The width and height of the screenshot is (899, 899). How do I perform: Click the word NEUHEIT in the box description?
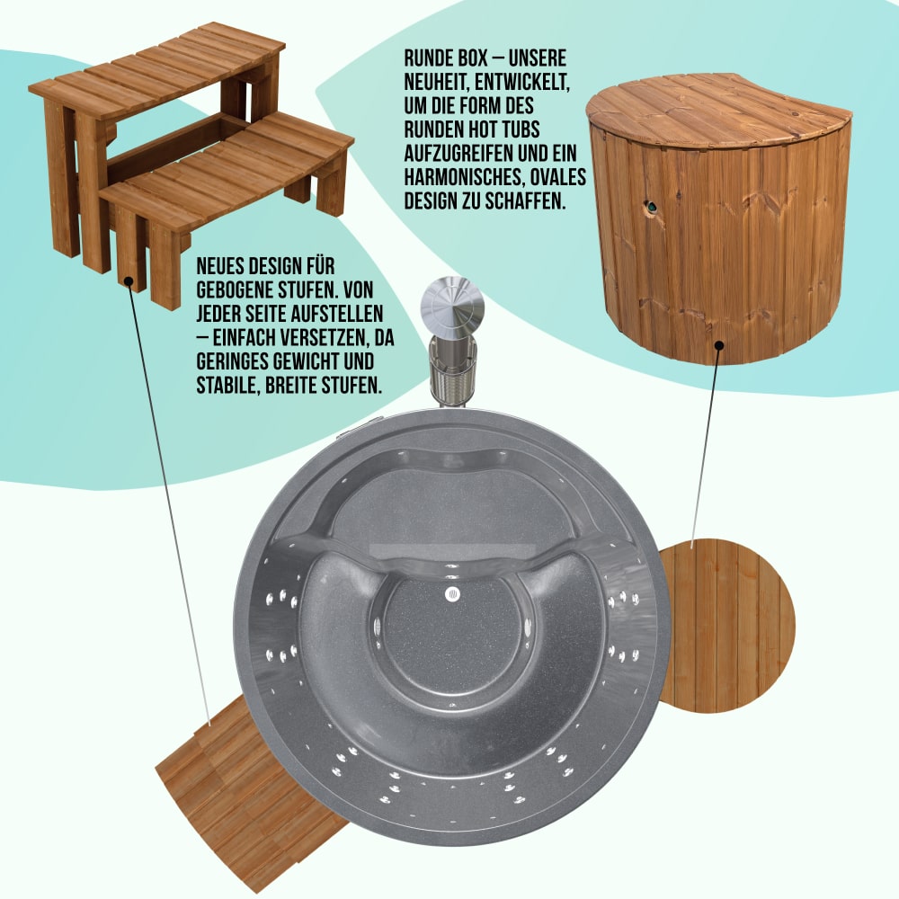point(434,82)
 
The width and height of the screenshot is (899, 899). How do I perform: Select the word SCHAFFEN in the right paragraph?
point(525,201)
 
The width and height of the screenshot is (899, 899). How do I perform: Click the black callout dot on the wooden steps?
point(129,280)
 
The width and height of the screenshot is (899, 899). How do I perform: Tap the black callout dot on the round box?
point(719,345)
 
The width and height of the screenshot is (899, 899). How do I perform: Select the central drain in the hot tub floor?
point(452,594)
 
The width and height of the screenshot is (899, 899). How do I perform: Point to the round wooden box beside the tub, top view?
point(727,626)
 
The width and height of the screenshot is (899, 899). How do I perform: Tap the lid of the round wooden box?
point(717,110)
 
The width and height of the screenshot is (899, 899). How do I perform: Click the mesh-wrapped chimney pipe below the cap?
point(452,369)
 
